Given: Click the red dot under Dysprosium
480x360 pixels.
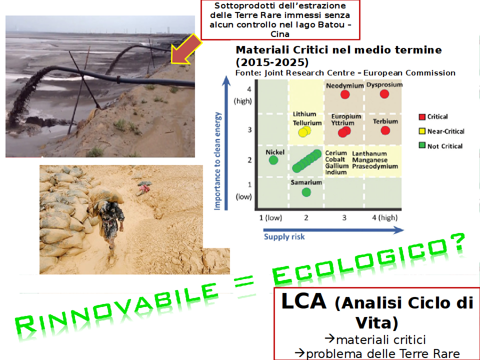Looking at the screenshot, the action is (x=384, y=94).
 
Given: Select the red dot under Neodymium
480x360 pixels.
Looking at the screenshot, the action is (x=345, y=94).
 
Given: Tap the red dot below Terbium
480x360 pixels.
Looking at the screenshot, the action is (x=385, y=130).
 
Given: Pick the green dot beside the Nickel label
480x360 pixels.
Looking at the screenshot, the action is (x=273, y=160).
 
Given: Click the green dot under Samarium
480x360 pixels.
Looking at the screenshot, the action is (x=306, y=192).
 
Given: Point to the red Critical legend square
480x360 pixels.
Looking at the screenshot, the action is (x=422, y=116).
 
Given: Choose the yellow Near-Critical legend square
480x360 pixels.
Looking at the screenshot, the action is (x=422, y=131).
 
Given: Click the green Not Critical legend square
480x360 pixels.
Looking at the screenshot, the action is (x=422, y=145).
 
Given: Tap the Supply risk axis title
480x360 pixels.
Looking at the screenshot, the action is (x=284, y=236).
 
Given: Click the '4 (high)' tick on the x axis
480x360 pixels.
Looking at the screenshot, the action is (x=385, y=217).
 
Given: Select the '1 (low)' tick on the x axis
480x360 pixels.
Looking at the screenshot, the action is (x=270, y=217).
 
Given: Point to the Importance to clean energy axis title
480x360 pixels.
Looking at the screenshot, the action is (x=217, y=161).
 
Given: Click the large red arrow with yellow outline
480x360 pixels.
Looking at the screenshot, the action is (x=184, y=50).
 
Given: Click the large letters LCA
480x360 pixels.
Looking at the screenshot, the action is (x=303, y=301).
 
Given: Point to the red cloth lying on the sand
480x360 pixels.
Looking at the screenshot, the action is (x=144, y=188).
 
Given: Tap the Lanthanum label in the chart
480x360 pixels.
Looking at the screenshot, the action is (x=369, y=153).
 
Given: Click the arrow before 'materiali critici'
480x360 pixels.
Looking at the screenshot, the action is (x=329, y=338).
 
